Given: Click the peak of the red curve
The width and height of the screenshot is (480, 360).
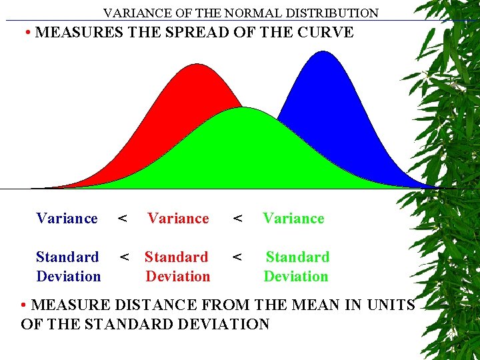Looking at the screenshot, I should point(196,65).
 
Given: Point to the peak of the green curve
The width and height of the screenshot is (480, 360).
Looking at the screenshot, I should point(244,108).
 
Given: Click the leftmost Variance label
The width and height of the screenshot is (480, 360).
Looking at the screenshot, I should point(67,218).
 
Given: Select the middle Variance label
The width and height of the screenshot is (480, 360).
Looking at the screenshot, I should point(178,218).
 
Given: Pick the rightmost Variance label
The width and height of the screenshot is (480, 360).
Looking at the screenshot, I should point(293,218).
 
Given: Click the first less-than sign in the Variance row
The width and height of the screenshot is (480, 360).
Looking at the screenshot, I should point(123,218).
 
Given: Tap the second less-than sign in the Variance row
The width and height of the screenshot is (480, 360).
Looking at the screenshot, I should point(237,218).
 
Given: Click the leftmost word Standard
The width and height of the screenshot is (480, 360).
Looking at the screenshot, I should point(67,257).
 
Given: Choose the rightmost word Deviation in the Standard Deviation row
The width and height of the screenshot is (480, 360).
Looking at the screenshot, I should point(296,276).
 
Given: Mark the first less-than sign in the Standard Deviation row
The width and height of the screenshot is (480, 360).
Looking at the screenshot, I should point(124,257).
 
